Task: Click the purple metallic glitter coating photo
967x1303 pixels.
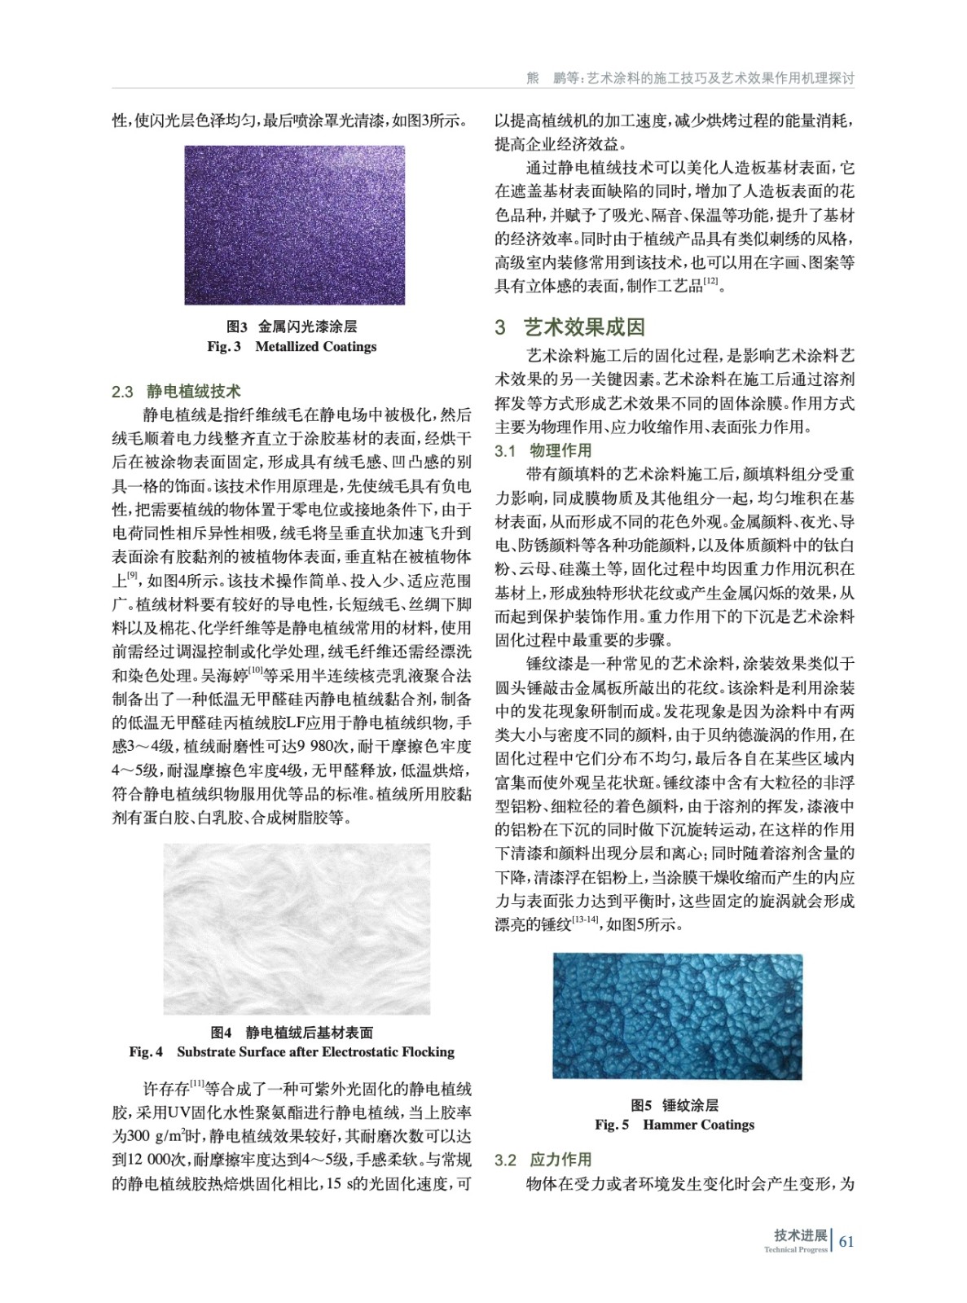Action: [x=294, y=225]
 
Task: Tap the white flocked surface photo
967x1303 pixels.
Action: [x=297, y=928]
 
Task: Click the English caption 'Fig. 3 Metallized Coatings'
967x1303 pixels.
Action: [x=292, y=347]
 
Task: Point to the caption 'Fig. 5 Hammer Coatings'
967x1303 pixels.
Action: [x=675, y=1125]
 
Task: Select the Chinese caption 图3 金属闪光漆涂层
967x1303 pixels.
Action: [x=292, y=327]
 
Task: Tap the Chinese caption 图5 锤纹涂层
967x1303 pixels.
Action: [x=675, y=1105]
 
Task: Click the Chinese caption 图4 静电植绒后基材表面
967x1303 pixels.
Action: [x=292, y=1033]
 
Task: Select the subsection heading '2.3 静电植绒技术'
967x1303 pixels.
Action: [x=177, y=392]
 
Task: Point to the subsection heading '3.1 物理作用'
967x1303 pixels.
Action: [x=544, y=450]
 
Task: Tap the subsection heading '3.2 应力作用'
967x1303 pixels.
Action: [x=544, y=1160]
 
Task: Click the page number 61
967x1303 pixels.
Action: [x=846, y=1241]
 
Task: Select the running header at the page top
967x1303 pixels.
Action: [x=691, y=78]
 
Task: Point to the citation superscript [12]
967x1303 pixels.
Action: [x=710, y=282]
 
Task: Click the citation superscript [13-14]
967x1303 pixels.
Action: [x=585, y=920]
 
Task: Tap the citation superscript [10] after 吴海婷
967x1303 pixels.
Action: [x=254, y=670]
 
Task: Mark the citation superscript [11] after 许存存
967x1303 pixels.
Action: [x=197, y=1083]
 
